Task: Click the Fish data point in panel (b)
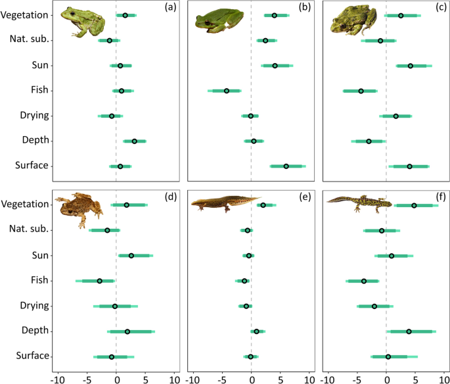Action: [227, 91]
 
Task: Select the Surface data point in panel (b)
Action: [286, 166]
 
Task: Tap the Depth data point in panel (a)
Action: [135, 141]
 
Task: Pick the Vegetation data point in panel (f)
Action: [414, 206]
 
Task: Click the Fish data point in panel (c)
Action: [361, 91]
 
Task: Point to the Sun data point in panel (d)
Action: [131, 256]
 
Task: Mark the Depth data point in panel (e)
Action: [256, 331]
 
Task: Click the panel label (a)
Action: [169, 9]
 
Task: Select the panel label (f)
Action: [437, 198]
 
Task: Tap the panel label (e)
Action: [303, 198]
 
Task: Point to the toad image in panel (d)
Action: [79, 206]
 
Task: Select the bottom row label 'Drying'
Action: [35, 306]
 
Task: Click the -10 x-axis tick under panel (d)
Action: [58, 378]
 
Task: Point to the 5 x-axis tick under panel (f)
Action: [416, 378]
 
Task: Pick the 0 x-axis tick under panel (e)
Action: [252, 378]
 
